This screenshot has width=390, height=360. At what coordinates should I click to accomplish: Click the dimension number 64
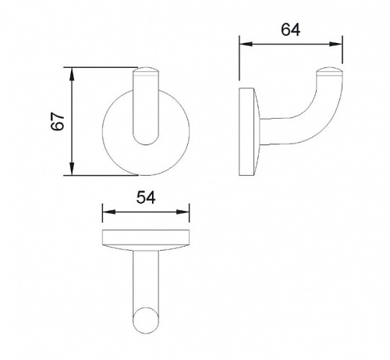[290, 30]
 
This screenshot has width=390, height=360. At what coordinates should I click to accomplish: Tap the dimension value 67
[58, 121]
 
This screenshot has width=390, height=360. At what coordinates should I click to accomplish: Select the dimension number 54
[146, 198]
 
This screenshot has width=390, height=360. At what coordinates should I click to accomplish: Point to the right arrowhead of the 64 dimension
[335, 45]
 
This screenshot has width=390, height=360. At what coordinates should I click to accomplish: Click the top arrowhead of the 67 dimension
[72, 74]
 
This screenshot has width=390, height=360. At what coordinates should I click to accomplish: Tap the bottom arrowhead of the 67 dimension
[72, 169]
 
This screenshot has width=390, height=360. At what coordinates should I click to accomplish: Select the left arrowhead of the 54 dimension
[108, 212]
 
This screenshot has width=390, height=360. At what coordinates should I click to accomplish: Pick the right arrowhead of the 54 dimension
[183, 212]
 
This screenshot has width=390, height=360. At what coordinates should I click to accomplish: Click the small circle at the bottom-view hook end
[145, 320]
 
